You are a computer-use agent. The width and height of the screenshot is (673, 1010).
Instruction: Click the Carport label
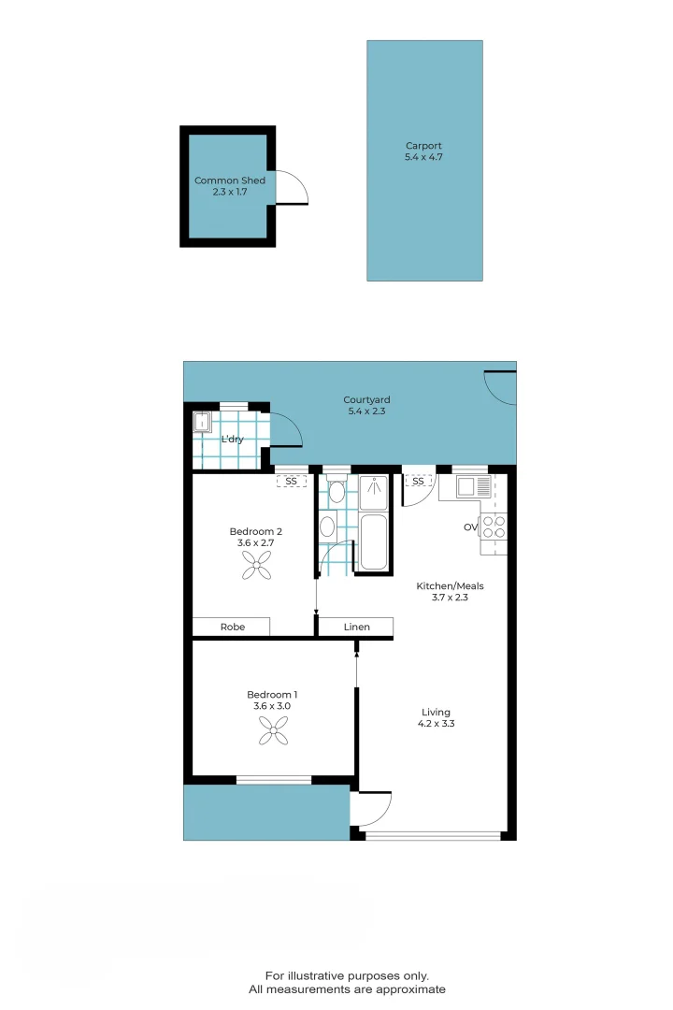[x=423, y=146]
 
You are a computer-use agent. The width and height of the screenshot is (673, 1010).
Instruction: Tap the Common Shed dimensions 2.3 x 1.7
[x=230, y=192]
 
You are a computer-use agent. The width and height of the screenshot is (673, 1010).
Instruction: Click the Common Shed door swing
[x=293, y=188]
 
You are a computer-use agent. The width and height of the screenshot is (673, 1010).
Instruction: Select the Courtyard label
[x=366, y=400]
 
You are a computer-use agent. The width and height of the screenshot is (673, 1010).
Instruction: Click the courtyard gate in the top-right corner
[x=501, y=386]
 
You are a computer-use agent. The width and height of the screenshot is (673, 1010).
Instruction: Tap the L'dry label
[x=232, y=439]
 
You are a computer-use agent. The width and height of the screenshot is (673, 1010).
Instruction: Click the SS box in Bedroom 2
[x=291, y=481]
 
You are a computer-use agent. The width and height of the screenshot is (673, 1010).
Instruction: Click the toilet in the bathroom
[x=336, y=492]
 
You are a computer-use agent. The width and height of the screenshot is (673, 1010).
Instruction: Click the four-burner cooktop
[x=494, y=527]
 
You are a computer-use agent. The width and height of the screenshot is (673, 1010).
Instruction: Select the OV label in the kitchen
[x=470, y=527]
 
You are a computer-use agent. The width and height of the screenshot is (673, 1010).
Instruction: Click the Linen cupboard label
[x=356, y=627]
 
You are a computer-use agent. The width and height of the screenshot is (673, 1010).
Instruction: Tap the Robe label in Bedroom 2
[x=233, y=627]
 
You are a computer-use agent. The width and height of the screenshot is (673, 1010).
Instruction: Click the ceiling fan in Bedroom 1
[x=274, y=732]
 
